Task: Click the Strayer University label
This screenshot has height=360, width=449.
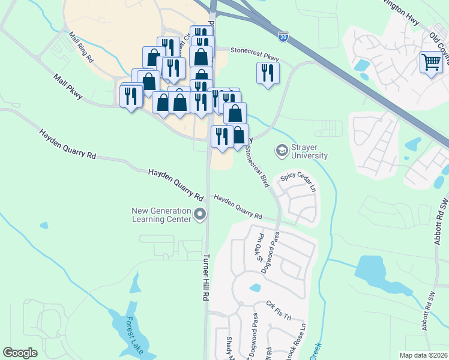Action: point(310,151)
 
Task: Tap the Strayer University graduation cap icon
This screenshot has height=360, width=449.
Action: point(281,150)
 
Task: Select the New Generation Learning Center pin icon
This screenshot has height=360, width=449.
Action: point(200,214)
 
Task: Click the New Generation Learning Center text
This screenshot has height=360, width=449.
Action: point(162,215)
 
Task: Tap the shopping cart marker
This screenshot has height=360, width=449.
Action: point(431,62)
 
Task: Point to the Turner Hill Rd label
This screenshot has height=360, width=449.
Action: point(206,277)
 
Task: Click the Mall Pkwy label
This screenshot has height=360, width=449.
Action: point(67,86)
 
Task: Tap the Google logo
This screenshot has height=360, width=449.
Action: point(20,353)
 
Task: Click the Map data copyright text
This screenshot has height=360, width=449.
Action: point(424,355)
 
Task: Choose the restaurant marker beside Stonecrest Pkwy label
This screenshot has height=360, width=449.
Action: point(267,73)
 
